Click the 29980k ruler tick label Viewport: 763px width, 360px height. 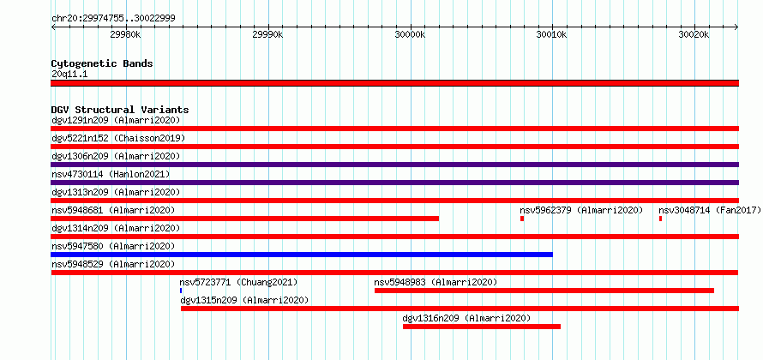coord(125,34)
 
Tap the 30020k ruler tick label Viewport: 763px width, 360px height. coord(694,34)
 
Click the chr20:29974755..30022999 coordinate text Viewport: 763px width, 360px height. coord(113,19)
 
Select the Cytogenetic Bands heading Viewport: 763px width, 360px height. coord(102,63)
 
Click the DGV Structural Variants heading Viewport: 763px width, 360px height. coord(120,110)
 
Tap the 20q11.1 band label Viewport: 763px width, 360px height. coord(69,75)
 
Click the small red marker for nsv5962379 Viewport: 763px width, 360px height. coord(522,219)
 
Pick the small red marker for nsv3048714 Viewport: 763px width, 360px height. coord(660,219)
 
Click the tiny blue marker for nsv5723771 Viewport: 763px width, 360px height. coord(181,291)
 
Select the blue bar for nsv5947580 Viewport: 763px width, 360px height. coord(302,255)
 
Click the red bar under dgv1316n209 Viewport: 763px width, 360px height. coord(482,327)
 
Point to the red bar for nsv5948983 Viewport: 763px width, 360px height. coord(544,291)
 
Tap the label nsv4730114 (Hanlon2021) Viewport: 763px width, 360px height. coord(111,174)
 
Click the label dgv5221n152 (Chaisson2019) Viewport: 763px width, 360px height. coord(118,138)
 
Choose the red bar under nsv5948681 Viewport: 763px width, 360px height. coord(245,219)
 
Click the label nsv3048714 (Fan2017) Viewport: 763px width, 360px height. coord(710,210)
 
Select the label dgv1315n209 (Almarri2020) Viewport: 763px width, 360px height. coord(244,300)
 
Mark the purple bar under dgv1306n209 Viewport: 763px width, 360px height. coord(394,165)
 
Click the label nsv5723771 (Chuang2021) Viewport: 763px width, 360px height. coord(238,282)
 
